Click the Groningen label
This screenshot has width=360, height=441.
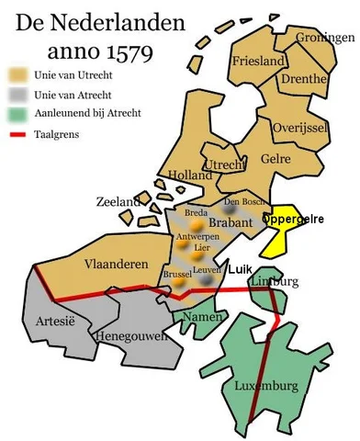(324, 38)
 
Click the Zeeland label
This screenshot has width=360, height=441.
(119, 201)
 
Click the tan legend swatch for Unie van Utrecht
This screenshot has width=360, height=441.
(17, 71)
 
